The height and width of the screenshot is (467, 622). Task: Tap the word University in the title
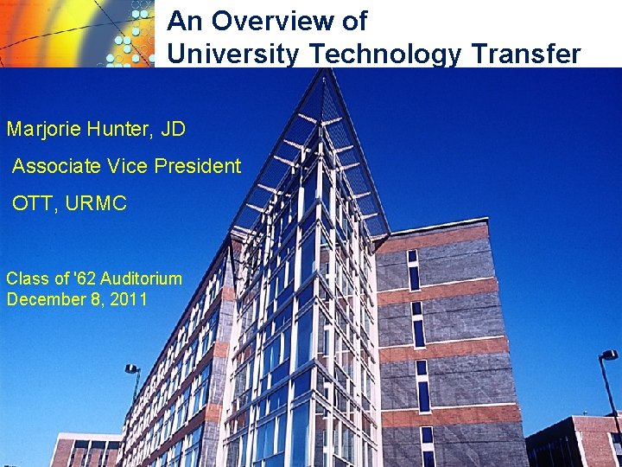tap(233, 54)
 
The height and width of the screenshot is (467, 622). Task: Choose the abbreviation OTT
tap(32, 204)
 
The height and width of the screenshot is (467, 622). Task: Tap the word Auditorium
tap(141, 278)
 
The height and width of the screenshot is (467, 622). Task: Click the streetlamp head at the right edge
tap(609, 355)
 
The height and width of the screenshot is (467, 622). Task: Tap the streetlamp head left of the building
tap(132, 370)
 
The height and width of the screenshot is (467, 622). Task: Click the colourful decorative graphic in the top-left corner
tap(78, 33)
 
